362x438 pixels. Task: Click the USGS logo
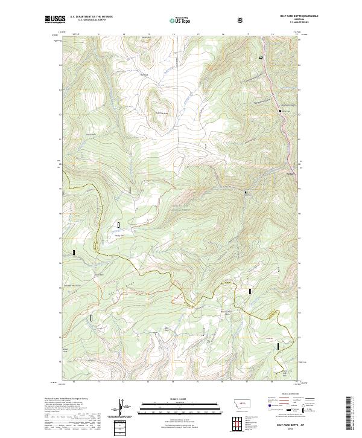(x=55, y=19)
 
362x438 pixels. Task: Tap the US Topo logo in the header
(x=179, y=20)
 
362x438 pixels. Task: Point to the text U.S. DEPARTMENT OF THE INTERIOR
(x=91, y=17)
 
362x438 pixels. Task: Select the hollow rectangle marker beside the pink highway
(x=261, y=57)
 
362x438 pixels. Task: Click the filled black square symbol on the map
(x=246, y=192)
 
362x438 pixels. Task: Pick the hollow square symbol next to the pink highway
(x=281, y=111)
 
